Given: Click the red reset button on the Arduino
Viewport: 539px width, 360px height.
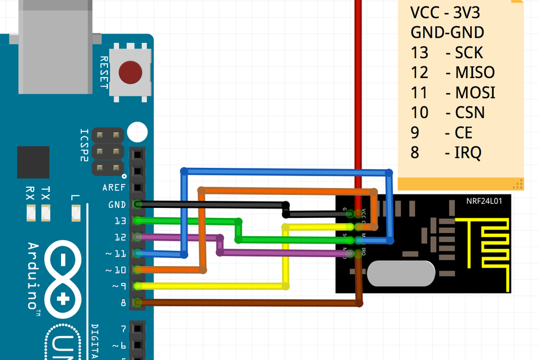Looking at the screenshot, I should pos(130,73).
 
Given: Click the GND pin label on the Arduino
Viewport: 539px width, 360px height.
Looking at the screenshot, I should pos(116,205).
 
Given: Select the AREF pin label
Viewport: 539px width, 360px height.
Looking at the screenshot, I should pos(114,188).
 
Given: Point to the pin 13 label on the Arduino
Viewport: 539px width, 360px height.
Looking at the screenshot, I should pos(120,221).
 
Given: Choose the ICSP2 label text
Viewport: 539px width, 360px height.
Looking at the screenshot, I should pos(85,146).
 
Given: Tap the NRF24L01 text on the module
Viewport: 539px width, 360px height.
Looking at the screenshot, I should pos(484,200).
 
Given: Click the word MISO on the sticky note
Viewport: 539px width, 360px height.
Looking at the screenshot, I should pos(475,73).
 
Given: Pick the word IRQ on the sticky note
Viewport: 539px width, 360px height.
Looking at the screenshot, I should pos(468,153).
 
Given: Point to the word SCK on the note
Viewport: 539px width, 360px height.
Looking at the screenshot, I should pos(468,53).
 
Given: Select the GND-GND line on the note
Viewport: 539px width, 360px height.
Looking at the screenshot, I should pos(447,32).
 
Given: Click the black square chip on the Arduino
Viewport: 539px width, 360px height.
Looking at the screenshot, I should pos(34,162).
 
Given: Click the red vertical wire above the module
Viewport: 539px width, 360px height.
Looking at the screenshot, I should pos(357,88).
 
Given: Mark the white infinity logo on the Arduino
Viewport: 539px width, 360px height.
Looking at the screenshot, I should pos(63,276).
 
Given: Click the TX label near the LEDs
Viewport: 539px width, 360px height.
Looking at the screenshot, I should pos(46,193).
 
